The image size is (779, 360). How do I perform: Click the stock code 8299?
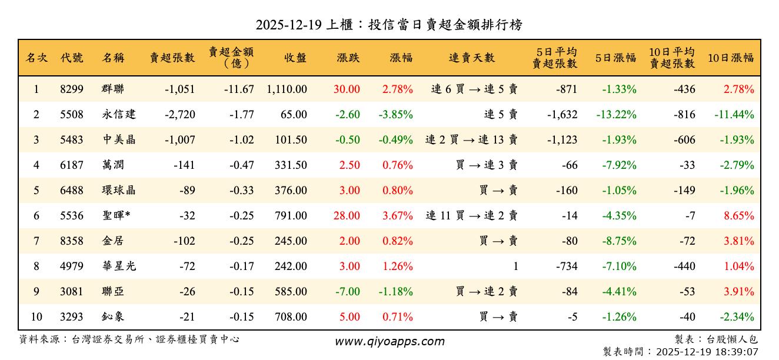coord(72,89)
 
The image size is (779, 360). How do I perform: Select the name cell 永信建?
coord(119,115)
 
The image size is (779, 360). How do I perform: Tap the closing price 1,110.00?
coord(287,89)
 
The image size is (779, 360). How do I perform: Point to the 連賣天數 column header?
coord(472,58)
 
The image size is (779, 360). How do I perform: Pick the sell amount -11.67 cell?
coord(239,89)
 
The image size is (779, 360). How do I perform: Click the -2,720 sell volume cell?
coord(180,115)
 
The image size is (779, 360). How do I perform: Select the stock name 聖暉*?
coord(116,216)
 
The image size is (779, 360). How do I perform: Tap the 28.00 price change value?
coord(347,216)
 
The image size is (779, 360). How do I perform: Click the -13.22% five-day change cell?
coord(616,115)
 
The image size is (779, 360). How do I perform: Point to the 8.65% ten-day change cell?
coord(739,216)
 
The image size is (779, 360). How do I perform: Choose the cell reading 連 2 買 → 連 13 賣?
coord(472,140)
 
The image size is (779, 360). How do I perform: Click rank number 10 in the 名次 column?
coord(36,317)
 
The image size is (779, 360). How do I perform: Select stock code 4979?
coord(72,266)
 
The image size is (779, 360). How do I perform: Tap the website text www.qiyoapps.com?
coord(389,341)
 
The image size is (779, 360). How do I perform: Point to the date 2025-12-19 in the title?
coord(288,25)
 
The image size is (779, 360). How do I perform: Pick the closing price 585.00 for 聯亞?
coord(291,292)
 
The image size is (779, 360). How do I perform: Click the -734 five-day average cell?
coord(567,266)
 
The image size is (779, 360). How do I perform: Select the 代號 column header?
coord(72,58)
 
